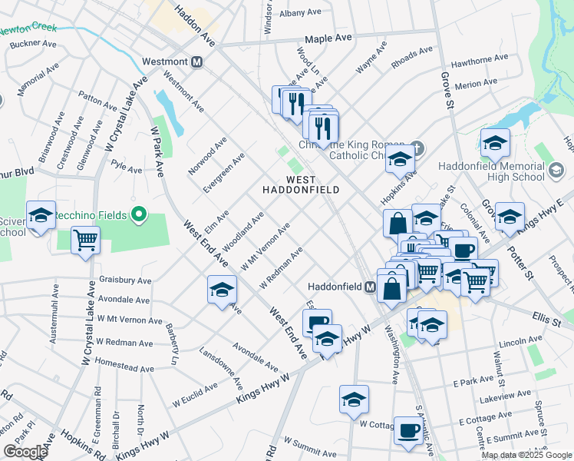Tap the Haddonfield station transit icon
(x=370, y=287)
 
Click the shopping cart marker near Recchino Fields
(x=85, y=240)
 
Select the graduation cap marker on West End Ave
(x=222, y=290)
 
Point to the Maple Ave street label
(x=328, y=38)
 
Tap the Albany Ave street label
(x=301, y=13)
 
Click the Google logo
(x=25, y=452)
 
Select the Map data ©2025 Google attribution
(x=526, y=455)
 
